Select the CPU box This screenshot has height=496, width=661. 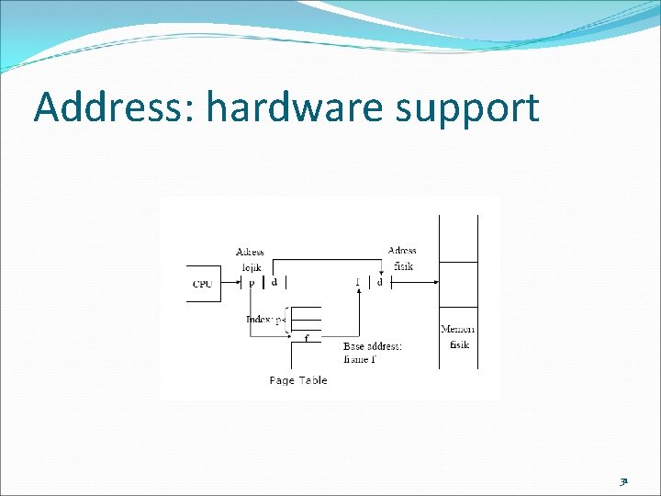(201, 284)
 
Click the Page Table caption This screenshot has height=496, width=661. (298, 380)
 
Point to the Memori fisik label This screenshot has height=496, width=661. (458, 336)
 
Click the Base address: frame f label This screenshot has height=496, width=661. (373, 353)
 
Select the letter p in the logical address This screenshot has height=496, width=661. (252, 283)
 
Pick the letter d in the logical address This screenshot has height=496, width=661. (274, 283)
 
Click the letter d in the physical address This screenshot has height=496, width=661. (380, 283)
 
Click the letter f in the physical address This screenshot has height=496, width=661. (357, 283)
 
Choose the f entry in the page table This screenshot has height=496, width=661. (307, 338)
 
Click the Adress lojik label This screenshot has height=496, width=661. (251, 259)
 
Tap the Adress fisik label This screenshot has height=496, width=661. (402, 258)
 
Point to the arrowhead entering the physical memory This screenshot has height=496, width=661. (434, 284)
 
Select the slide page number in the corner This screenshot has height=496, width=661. (623, 479)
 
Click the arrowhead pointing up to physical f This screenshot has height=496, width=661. (359, 294)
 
